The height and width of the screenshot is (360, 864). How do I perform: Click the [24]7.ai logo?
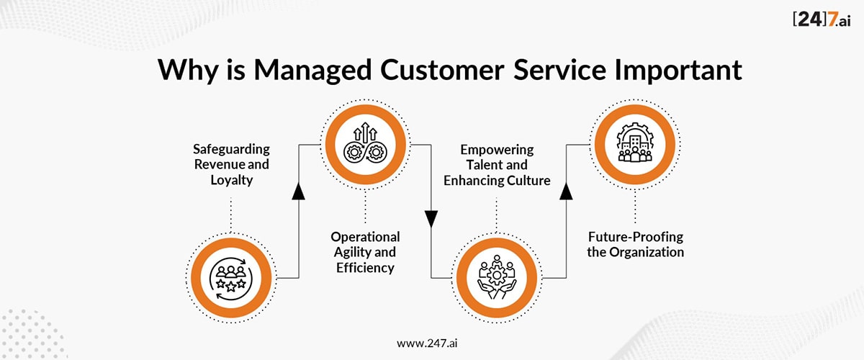tap(822, 19)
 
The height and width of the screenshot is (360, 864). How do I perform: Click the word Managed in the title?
tap(312, 71)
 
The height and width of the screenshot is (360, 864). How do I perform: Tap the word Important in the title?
tap(678, 70)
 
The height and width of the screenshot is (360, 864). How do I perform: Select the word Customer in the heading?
tap(442, 70)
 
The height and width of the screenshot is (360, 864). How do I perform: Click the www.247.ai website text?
tap(427, 343)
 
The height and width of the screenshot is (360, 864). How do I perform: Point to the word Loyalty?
tap(231, 181)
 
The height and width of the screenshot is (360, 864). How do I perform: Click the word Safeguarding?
tap(231, 150)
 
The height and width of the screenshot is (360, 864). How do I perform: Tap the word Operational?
tap(365, 238)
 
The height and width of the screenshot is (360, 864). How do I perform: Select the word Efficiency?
tap(365, 268)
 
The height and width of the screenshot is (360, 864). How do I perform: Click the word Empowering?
tap(497, 150)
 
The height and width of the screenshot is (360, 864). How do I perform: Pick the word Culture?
tap(528, 180)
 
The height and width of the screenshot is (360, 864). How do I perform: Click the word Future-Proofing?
tap(636, 238)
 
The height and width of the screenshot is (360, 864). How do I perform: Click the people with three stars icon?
tap(230, 279)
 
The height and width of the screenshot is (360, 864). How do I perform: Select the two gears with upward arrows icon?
tap(365, 142)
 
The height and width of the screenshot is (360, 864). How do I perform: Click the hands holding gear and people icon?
tap(497, 277)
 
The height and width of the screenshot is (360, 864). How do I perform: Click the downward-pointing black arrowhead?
tap(431, 219)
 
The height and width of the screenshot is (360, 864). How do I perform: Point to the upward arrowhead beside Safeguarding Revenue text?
tap(299, 191)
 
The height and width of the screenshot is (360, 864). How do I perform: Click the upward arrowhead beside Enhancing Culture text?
tap(566, 191)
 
